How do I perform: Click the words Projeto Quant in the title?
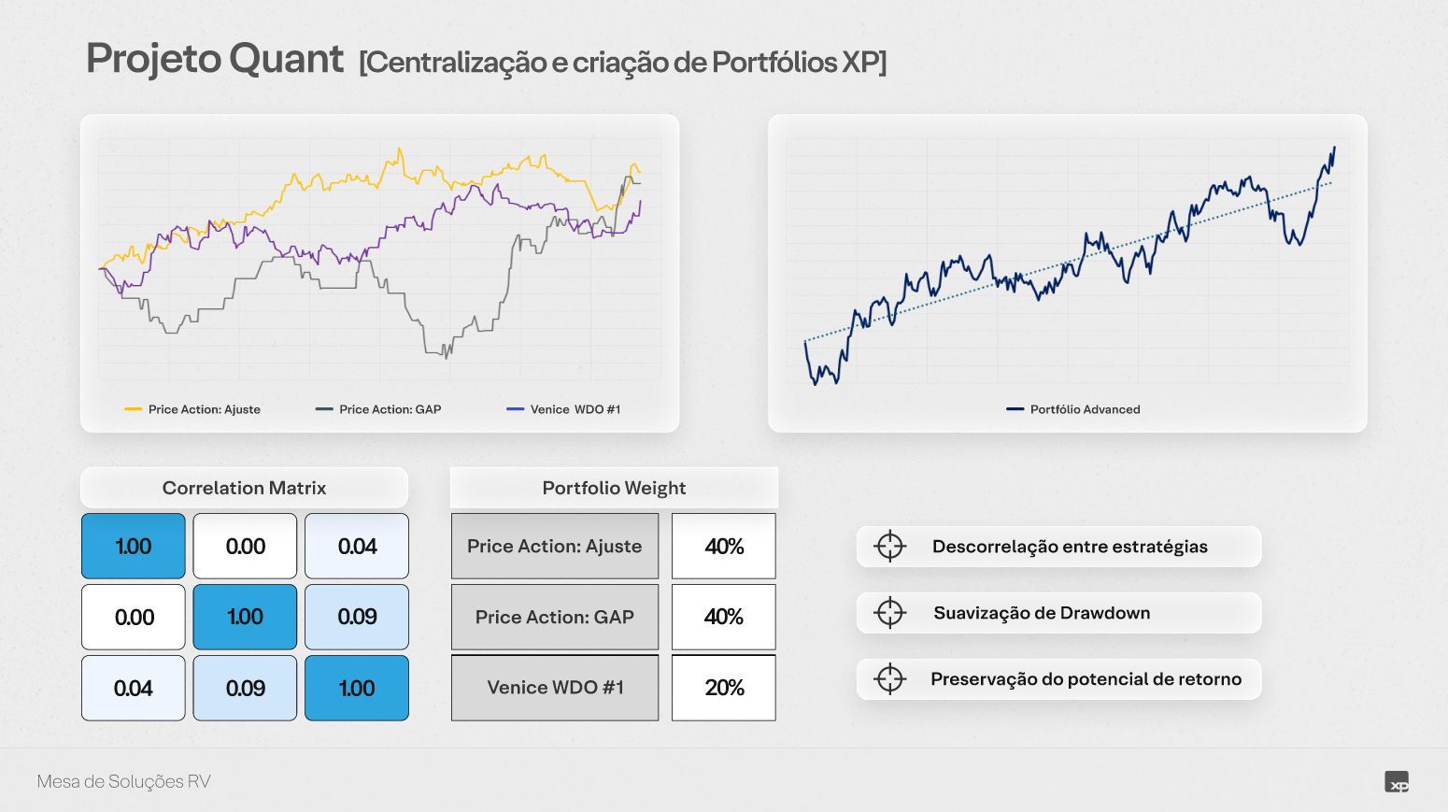click(x=215, y=60)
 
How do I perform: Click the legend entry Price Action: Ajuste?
click(x=192, y=409)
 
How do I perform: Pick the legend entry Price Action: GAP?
click(x=378, y=409)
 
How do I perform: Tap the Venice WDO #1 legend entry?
click(x=563, y=409)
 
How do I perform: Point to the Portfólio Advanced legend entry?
click(x=1073, y=409)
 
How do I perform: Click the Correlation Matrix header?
click(x=245, y=488)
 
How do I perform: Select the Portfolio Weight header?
click(x=614, y=488)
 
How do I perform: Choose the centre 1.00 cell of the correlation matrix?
click(x=245, y=617)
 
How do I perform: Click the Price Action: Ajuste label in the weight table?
click(x=555, y=547)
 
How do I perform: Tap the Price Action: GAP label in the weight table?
click(x=555, y=617)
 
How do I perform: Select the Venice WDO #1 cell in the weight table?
click(x=555, y=687)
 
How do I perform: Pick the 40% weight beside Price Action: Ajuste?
click(x=724, y=547)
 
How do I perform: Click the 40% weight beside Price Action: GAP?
click(x=724, y=617)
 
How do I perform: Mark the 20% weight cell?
click(x=724, y=687)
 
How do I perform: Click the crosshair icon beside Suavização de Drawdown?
click(x=890, y=612)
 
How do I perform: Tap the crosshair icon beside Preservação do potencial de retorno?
click(x=890, y=678)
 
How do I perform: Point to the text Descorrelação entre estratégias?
click(x=1070, y=547)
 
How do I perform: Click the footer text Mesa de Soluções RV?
click(x=123, y=781)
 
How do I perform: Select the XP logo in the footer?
click(x=1397, y=781)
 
